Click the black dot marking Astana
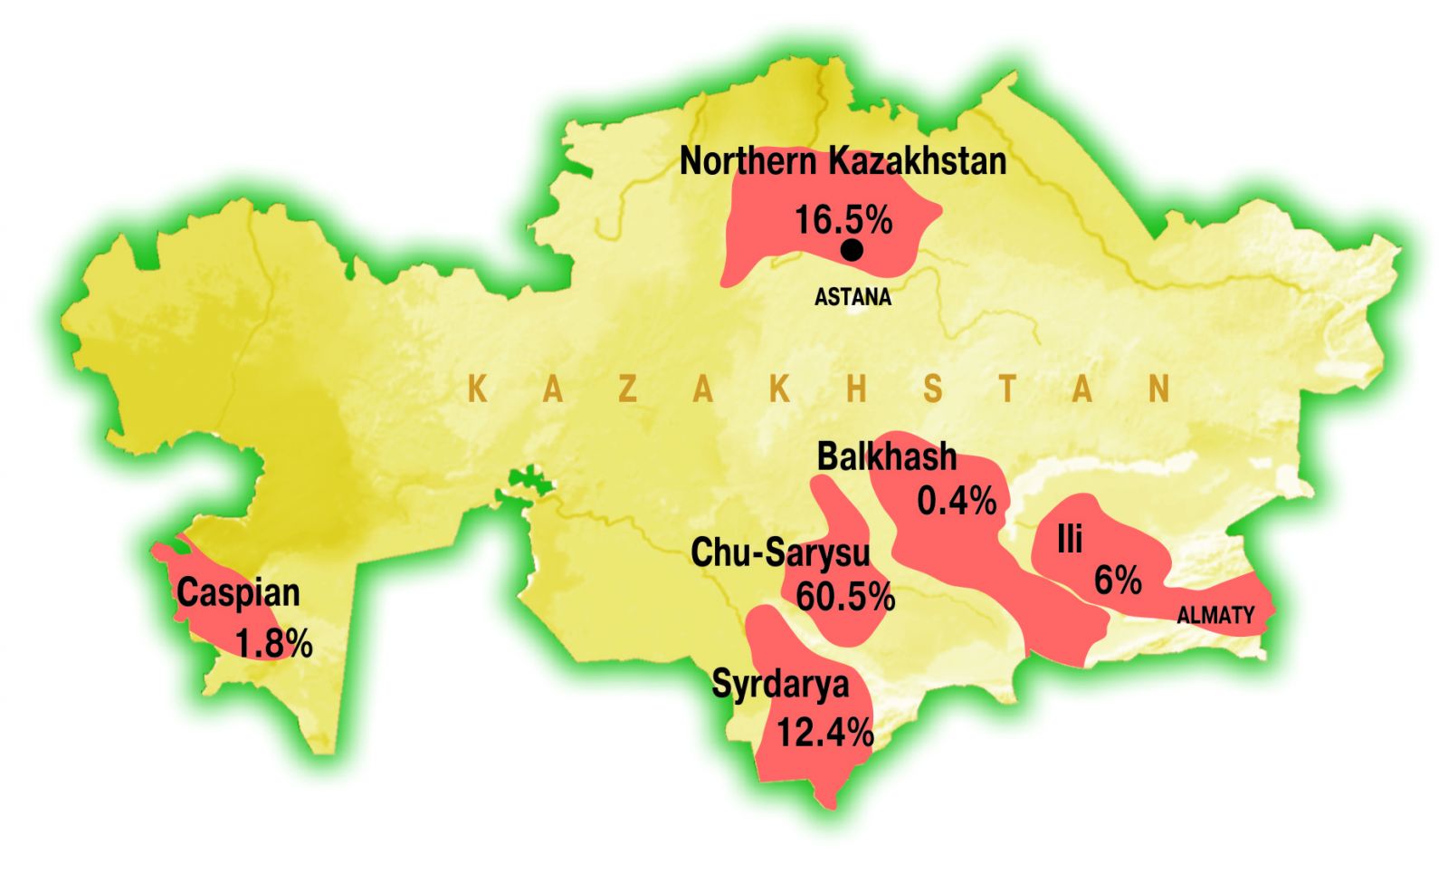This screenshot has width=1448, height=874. point(852,251)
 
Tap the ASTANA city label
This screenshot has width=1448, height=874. point(853,297)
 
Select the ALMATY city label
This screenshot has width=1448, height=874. point(1215,616)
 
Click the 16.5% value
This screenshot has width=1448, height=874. point(843,220)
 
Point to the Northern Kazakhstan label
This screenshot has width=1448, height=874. point(843,162)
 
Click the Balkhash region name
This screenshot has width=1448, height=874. point(886,456)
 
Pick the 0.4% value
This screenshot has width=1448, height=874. point(957,501)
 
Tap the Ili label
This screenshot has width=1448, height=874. point(1070,540)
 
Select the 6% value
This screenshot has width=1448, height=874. point(1118,581)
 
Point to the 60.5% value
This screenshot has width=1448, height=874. point(845,597)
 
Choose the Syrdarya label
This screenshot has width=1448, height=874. point(780,684)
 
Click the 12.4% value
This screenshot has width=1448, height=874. point(825,732)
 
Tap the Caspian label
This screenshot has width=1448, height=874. point(238,593)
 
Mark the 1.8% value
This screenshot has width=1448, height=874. point(274,644)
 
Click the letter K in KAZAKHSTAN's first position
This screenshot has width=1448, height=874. point(478,389)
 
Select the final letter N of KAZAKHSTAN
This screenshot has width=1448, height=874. point(1159,389)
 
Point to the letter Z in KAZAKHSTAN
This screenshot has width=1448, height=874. point(628,389)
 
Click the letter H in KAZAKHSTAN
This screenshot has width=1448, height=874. point(857,389)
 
